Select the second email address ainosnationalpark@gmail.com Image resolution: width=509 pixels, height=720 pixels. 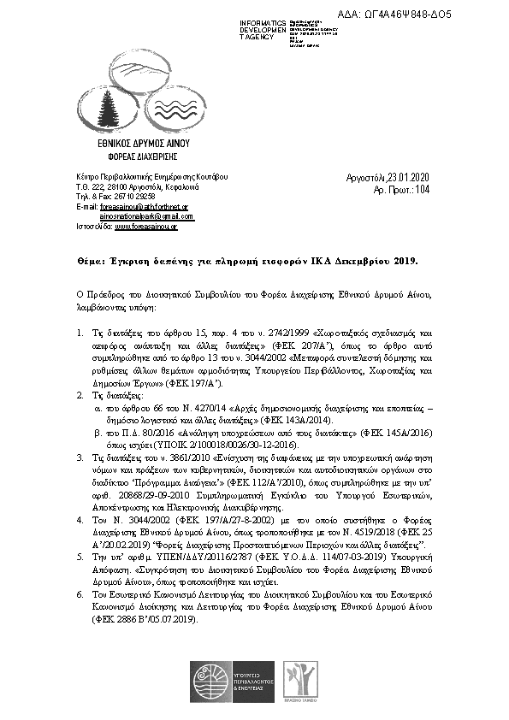[x=145, y=216]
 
